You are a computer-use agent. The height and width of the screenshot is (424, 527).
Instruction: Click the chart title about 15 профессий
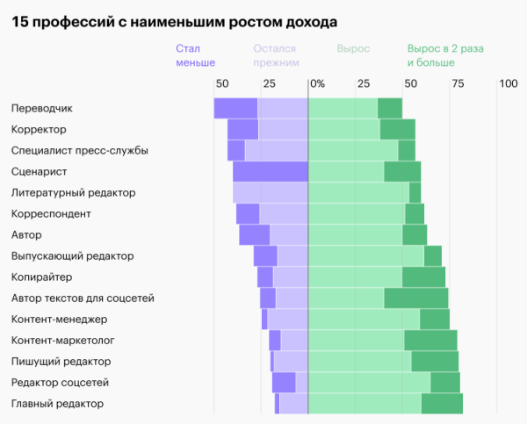[x=176, y=20]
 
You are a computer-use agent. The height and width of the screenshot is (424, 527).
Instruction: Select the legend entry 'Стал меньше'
[x=195, y=56]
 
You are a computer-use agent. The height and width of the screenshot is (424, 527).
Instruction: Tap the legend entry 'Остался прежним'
[x=276, y=56]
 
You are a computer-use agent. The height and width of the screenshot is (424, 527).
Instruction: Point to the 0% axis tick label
[x=316, y=84]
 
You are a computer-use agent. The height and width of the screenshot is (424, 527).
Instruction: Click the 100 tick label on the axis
[x=508, y=84]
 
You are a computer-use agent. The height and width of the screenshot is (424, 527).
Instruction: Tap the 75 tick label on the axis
[x=458, y=84]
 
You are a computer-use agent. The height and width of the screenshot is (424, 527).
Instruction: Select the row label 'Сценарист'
[x=40, y=171]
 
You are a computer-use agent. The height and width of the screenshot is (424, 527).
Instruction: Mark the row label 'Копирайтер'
[x=41, y=277]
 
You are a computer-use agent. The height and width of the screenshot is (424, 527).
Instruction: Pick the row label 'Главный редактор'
[x=57, y=403]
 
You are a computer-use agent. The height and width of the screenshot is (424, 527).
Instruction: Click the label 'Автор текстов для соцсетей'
[x=83, y=298]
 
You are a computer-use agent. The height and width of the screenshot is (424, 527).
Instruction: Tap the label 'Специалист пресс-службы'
[x=79, y=150]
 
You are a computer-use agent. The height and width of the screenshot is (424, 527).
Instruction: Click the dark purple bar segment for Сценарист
[x=270, y=171]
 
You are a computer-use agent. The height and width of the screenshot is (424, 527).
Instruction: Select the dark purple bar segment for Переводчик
[x=235, y=108]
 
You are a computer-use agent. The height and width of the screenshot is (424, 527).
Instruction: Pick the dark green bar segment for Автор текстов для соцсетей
[x=415, y=298]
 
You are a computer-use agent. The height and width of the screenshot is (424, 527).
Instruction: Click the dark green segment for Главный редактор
[x=442, y=403]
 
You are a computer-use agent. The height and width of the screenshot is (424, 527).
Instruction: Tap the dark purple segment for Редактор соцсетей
[x=284, y=382]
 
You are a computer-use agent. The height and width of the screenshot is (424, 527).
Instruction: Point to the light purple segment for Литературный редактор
[x=270, y=192]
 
